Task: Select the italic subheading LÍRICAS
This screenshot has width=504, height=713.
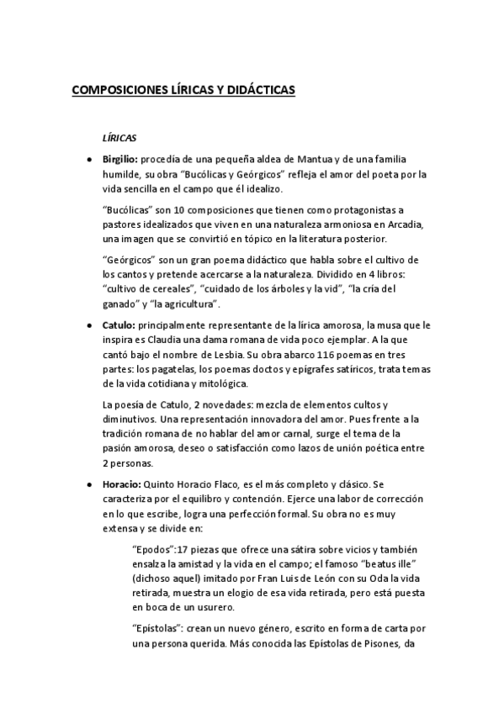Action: pyautogui.click(x=119, y=137)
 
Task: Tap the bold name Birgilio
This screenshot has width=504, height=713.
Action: pyautogui.click(x=119, y=159)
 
